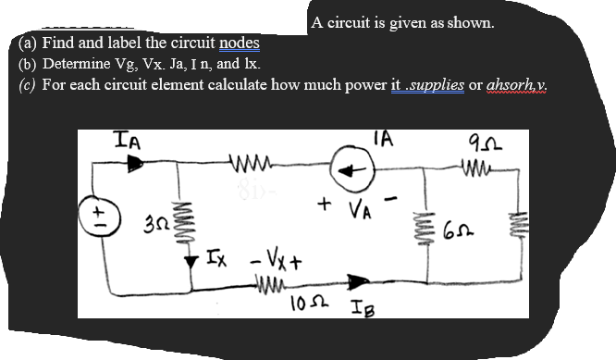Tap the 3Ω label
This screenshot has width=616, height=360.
pos(154,226)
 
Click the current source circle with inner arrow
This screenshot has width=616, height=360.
pos(355,172)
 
